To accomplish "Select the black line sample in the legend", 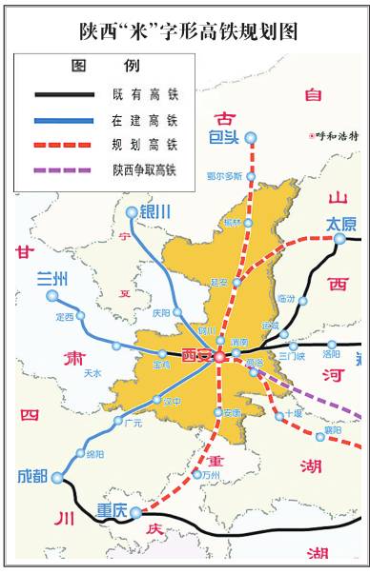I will pos(64,95).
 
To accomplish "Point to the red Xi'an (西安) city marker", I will pos(219,356).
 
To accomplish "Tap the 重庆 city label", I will pos(112,510).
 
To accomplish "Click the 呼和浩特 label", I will pos(339,136).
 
